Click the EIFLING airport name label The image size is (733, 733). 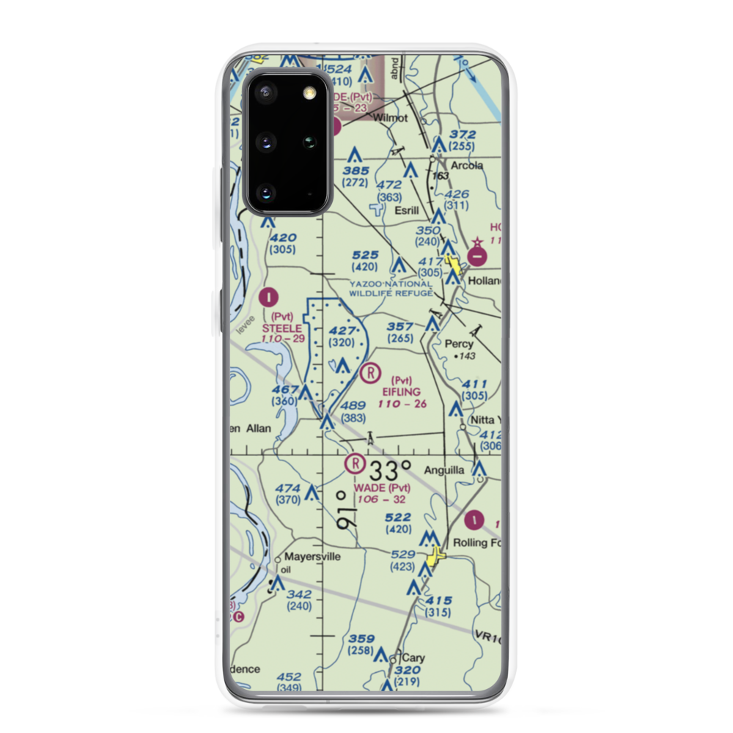[x=401, y=391]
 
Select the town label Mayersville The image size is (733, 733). [x=313, y=556]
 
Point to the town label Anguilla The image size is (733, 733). [x=441, y=471]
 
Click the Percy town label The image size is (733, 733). [x=460, y=343]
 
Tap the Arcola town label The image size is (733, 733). [x=467, y=166]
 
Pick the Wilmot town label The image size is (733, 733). [x=389, y=117]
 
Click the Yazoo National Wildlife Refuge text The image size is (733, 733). [x=390, y=288]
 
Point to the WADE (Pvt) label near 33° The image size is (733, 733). [x=382, y=488]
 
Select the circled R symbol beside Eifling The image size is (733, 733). [x=372, y=373]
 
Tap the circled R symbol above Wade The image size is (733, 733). [x=355, y=463]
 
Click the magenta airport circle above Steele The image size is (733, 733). [x=269, y=297]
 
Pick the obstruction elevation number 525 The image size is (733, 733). [x=364, y=256]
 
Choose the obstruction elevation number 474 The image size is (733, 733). [x=288, y=488]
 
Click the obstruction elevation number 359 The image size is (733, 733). [x=361, y=638]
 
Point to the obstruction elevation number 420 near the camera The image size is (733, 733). [x=283, y=238]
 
